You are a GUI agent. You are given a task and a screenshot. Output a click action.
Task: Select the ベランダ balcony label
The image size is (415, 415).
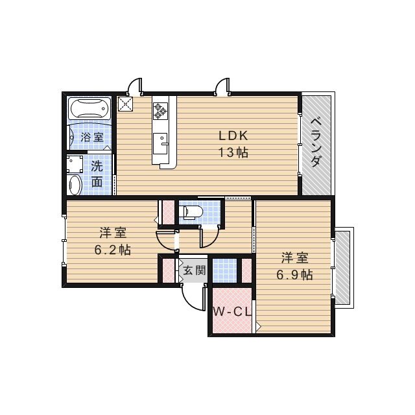point(316,143)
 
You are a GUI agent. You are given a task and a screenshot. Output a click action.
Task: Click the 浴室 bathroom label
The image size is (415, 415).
point(91,137)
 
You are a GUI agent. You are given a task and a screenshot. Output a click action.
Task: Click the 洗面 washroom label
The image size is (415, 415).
point(97,173)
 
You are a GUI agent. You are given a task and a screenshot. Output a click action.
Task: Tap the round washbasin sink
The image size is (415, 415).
point(74,185)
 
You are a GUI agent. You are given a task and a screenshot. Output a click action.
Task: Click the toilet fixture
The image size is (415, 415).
point(193,212)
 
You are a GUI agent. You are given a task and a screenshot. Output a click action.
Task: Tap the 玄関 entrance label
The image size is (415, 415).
point(193,270)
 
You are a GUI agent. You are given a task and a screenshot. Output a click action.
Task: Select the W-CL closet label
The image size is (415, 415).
point(232,312)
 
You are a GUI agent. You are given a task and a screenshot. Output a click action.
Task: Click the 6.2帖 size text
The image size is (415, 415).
point(113,249)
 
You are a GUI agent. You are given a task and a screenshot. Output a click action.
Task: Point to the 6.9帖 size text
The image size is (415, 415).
point(294,274)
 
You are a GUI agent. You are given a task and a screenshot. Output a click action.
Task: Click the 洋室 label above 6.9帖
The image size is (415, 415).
point(294,257)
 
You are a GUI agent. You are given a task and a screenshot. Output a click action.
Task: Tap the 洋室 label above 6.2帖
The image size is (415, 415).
point(113,232)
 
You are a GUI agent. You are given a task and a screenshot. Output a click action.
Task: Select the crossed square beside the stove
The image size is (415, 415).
point(125,103)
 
